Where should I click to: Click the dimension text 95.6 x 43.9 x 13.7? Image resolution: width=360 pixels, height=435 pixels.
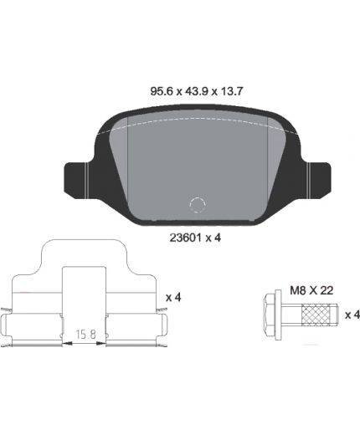point(197,91)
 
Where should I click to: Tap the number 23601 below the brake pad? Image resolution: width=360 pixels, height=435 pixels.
point(186,238)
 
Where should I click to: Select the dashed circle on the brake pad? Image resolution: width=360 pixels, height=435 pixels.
point(198,205)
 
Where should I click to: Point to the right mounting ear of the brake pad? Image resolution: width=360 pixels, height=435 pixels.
point(317,180)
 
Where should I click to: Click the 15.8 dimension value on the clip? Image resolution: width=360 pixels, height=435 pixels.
point(85,334)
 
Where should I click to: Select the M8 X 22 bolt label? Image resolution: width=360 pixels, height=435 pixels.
point(311,290)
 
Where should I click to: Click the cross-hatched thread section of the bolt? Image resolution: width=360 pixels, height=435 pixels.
point(316,315)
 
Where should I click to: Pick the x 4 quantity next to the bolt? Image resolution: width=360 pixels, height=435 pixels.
point(352,315)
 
